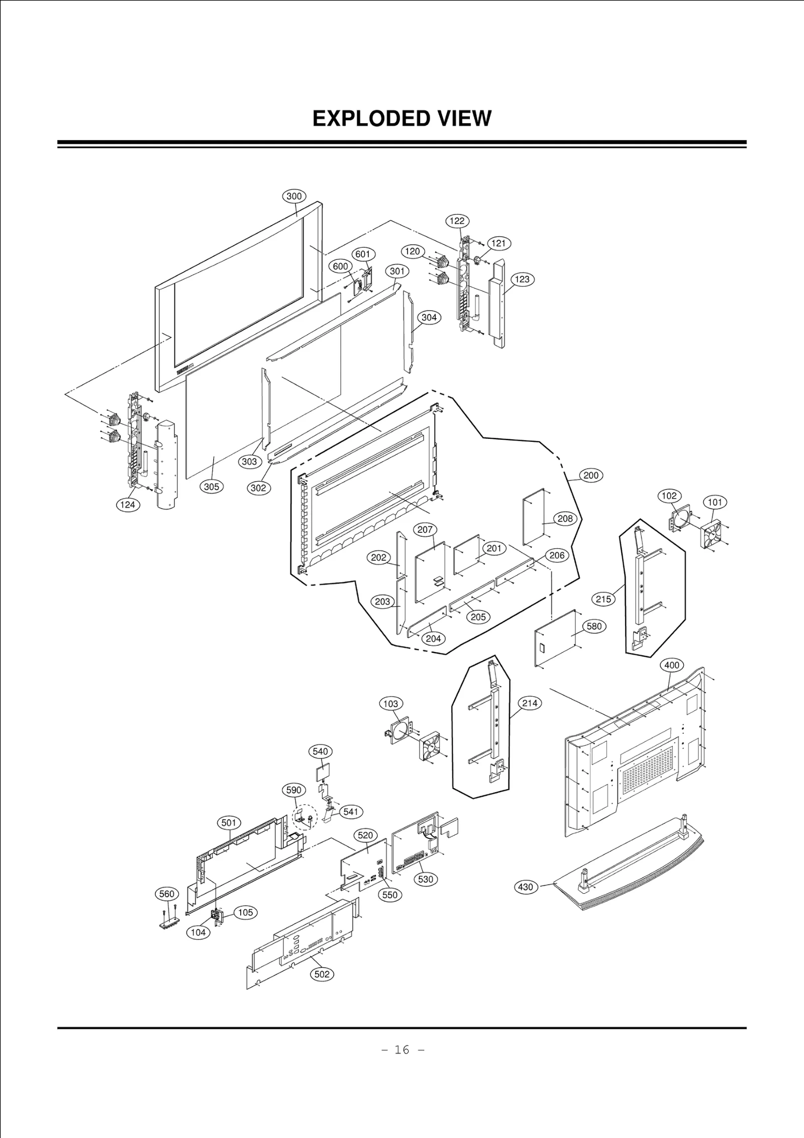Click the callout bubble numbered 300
[294, 197]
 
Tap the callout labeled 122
[457, 221]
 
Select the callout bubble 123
[523, 279]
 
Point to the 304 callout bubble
[429, 318]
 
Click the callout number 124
[128, 504]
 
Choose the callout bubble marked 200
[591, 476]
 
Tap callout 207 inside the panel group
[425, 529]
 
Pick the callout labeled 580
[594, 626]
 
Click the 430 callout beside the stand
[526, 887]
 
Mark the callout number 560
[166, 894]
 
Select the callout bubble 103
[390, 704]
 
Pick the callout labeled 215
[604, 599]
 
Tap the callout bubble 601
[363, 254]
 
